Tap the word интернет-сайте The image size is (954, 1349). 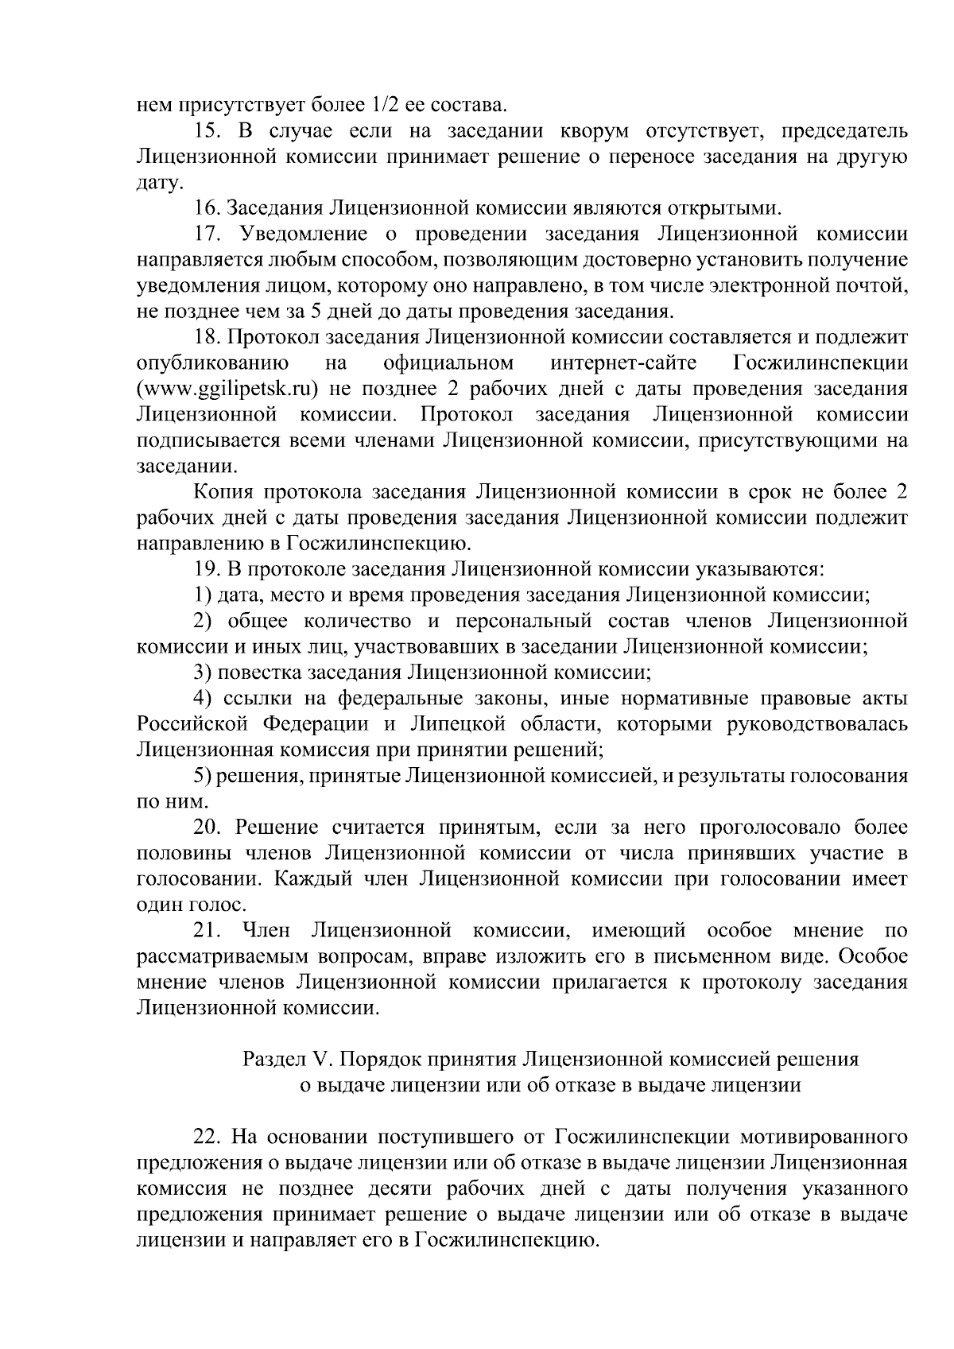(x=623, y=363)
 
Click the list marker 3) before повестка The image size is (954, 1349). (x=204, y=673)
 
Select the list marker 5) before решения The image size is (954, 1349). (x=204, y=775)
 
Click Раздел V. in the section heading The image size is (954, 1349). (x=285, y=1060)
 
